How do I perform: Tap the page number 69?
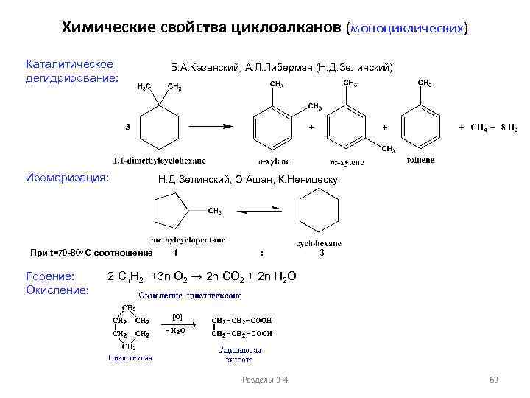pyautogui.click(x=494, y=380)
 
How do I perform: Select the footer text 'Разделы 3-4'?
pyautogui.click(x=265, y=380)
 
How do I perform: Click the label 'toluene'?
pyautogui.click(x=420, y=159)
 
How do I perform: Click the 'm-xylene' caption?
pyautogui.click(x=345, y=162)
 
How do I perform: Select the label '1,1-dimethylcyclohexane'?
pyautogui.click(x=159, y=160)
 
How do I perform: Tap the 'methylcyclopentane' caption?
pyautogui.click(x=188, y=240)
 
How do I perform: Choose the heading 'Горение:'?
pyautogui.click(x=50, y=277)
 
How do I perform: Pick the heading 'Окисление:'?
pyautogui.click(x=58, y=290)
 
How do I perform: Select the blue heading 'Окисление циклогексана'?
pyautogui.click(x=191, y=296)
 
